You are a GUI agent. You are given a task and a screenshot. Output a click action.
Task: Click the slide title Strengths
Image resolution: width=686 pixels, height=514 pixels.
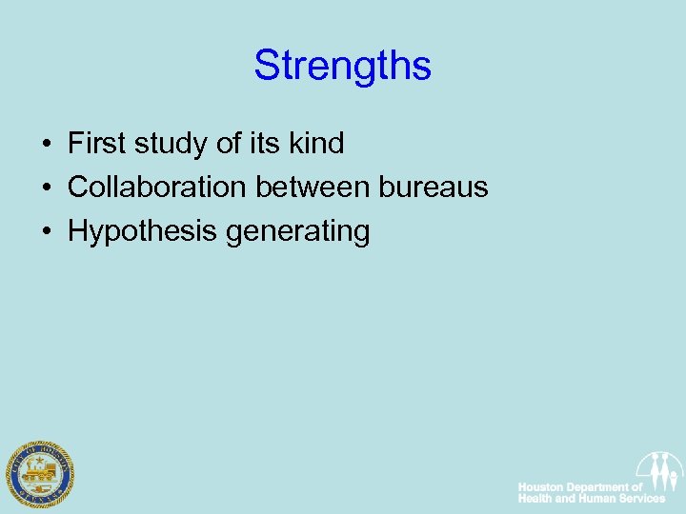(342, 67)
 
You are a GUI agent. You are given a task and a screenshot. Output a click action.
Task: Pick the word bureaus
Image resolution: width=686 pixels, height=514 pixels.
(434, 188)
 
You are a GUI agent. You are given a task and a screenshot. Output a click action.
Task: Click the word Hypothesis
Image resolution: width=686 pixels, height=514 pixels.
(143, 231)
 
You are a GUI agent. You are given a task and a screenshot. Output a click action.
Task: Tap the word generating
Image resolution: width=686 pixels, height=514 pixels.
(298, 231)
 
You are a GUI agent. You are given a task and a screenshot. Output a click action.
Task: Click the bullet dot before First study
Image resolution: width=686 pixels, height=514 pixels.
(46, 146)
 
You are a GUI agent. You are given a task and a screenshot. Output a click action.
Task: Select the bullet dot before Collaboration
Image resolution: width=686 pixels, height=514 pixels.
(46, 188)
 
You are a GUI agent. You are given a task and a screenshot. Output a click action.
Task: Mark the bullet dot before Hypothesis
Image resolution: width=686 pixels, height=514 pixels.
(46, 231)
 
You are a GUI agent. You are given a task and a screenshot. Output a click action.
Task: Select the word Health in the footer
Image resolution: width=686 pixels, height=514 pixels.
(534, 499)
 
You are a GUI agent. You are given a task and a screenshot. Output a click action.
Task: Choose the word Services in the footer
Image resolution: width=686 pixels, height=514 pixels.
(640, 499)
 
